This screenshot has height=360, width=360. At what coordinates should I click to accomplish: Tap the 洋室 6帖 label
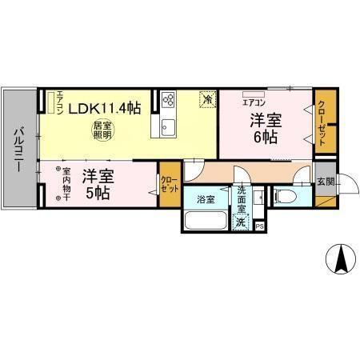tap(264, 129)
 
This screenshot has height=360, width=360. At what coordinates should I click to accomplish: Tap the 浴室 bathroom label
tap(206, 199)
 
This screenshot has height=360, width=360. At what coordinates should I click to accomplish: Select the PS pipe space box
tap(259, 226)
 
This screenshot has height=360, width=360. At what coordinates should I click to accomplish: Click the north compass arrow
tap(339, 260)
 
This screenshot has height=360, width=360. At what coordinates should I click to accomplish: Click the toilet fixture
tap(286, 197)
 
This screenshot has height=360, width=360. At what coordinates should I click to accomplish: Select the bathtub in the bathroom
tap(206, 221)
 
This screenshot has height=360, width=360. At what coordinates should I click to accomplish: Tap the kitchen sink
tap(169, 126)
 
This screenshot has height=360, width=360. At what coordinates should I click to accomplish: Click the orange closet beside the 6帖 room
tap(322, 120)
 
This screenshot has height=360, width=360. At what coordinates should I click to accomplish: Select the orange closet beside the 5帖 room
tap(170, 186)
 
